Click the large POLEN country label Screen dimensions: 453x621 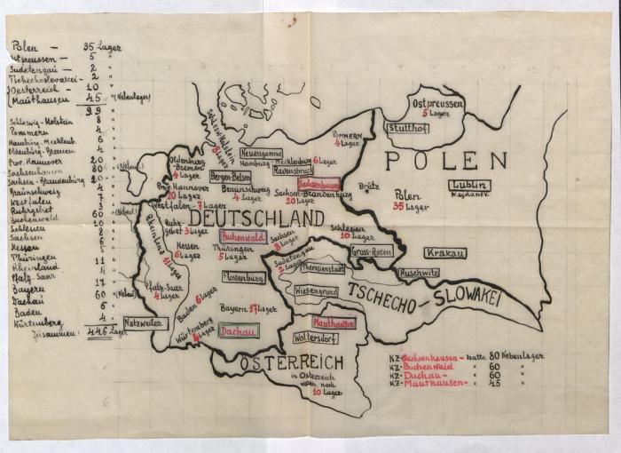click(x=445, y=161)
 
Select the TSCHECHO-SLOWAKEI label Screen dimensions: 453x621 click(x=425, y=297)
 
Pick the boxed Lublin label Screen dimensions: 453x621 click(x=469, y=185)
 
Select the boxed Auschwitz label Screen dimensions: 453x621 click(x=420, y=274)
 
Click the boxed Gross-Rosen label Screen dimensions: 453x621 click(x=372, y=251)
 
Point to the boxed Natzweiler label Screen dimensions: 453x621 click(x=145, y=324)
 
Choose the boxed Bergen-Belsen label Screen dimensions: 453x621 click(x=231, y=177)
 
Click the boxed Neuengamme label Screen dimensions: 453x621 click(x=261, y=153)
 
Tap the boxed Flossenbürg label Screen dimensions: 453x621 click(x=243, y=277)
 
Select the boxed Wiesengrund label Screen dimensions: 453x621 click(x=315, y=290)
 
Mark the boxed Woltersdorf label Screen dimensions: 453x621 click(x=314, y=338)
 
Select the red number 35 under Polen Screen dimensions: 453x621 click(x=400, y=207)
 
